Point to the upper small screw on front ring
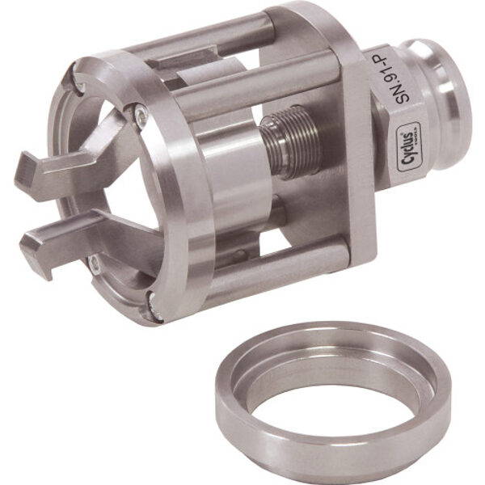click(141, 119)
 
